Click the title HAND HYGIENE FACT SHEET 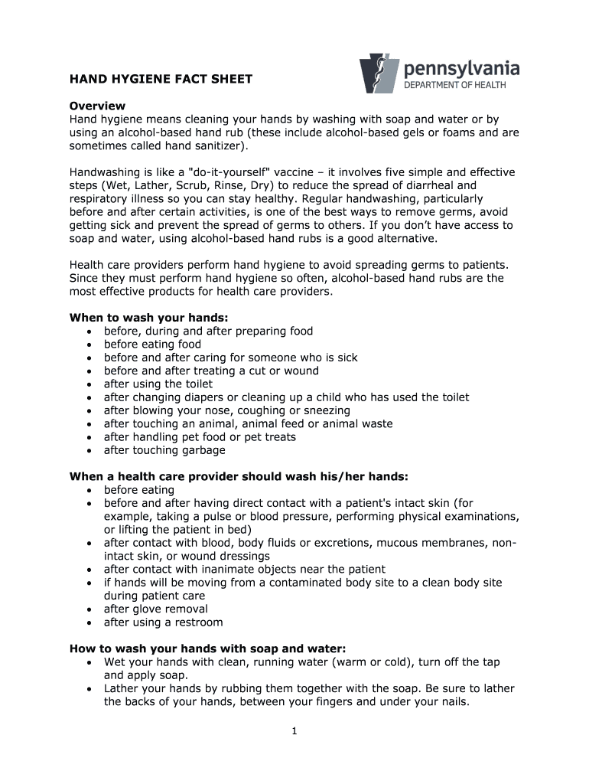161,79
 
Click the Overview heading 97,106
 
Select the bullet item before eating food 152,345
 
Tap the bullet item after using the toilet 158,384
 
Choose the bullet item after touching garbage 164,450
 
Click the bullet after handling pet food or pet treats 200,437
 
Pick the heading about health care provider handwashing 239,476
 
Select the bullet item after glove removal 155,609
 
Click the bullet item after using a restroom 163,622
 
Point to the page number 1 294,731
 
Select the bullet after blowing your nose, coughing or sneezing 226,410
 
